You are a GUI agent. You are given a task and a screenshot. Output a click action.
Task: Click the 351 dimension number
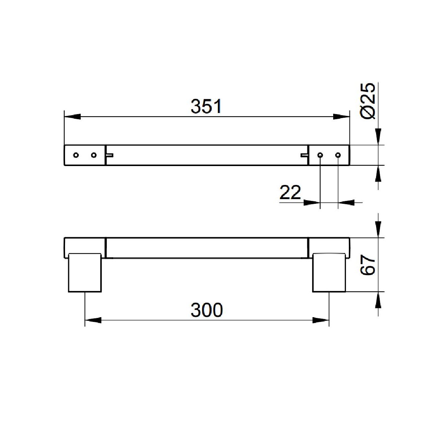206,106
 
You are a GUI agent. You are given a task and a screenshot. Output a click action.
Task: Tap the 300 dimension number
207,310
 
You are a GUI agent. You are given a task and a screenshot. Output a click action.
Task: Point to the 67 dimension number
368,265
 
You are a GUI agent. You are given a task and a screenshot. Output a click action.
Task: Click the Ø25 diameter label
368,101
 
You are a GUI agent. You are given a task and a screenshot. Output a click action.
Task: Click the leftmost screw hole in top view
76,155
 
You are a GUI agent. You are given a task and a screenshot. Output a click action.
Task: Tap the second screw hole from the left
94,155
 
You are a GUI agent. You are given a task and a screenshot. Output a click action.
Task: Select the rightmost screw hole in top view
338,155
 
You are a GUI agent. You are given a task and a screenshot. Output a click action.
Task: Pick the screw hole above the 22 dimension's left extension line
320,155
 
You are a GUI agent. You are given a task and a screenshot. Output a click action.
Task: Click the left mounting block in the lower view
85,272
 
